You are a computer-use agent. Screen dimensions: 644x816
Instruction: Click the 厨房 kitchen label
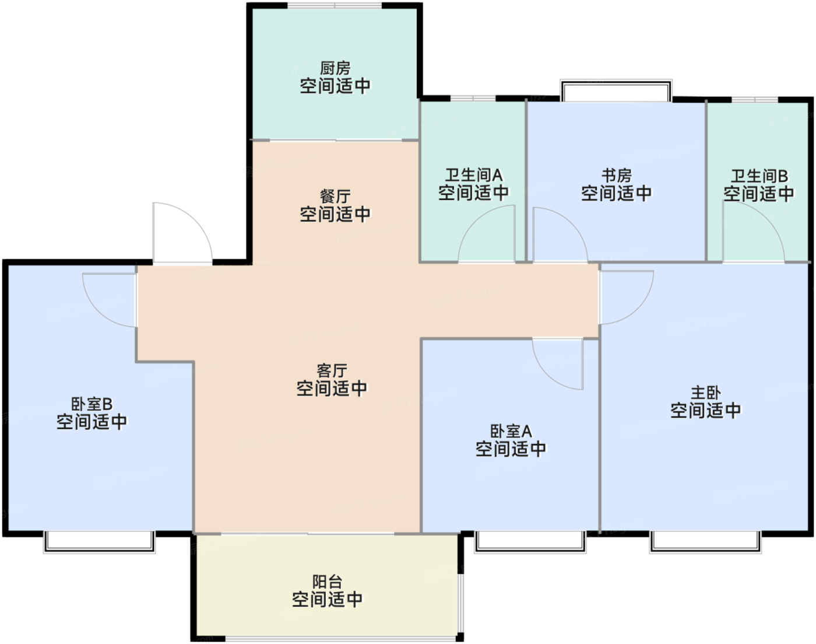coord(335,69)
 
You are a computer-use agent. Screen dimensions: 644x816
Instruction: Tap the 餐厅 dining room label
coord(335,197)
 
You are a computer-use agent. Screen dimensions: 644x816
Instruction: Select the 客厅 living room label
coord(332,370)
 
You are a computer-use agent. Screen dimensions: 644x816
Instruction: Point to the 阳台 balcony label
coord(327,582)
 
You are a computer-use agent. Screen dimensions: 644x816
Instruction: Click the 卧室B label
coord(92,404)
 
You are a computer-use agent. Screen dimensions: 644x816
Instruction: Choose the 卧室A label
coord(511,431)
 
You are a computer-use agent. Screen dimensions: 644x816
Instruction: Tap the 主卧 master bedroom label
coord(705,393)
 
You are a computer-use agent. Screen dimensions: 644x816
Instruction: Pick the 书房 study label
coord(616,175)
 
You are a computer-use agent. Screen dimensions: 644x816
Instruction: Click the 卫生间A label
coord(473,174)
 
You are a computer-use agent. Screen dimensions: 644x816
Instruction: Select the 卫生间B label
coord(759,176)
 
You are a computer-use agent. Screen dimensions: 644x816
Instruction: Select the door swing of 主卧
coord(623,295)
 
